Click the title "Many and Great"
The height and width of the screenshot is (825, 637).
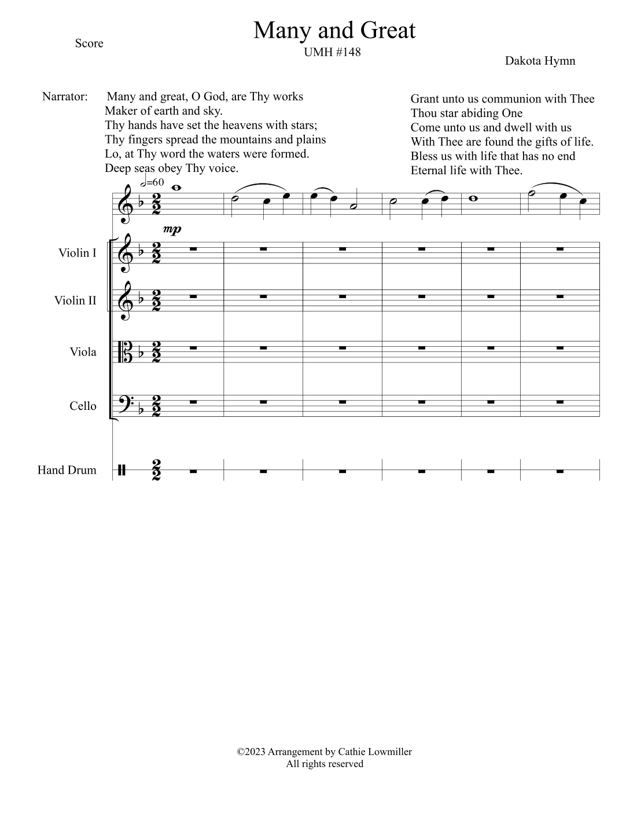click(x=334, y=30)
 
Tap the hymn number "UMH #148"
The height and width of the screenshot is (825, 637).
click(x=332, y=52)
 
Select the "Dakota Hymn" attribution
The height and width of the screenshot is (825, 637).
click(x=540, y=61)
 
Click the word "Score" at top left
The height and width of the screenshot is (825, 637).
click(x=89, y=43)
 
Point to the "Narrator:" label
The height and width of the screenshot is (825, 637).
click(x=65, y=96)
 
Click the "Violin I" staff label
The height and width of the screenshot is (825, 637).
click(x=77, y=252)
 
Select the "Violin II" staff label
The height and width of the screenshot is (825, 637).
click(x=75, y=300)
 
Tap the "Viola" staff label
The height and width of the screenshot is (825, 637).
click(x=83, y=352)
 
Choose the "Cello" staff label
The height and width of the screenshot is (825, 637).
click(x=83, y=406)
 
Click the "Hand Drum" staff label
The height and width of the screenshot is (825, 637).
click(x=67, y=470)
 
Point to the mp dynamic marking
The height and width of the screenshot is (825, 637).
click(x=172, y=229)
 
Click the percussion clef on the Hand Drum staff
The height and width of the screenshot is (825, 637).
click(x=121, y=470)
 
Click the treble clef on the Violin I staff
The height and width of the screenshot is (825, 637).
click(x=126, y=254)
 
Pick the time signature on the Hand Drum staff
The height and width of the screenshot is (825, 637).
click(x=156, y=470)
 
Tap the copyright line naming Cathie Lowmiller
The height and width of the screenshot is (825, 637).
click(x=325, y=752)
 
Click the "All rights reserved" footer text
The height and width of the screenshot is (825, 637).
click(x=325, y=764)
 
